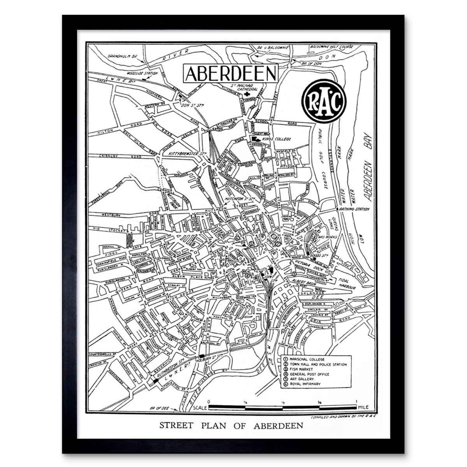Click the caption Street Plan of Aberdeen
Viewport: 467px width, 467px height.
[231, 425]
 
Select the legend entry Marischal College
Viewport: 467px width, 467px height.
[306, 360]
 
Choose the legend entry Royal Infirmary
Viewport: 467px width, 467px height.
[305, 384]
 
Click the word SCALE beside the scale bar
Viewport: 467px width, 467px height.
[199, 408]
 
